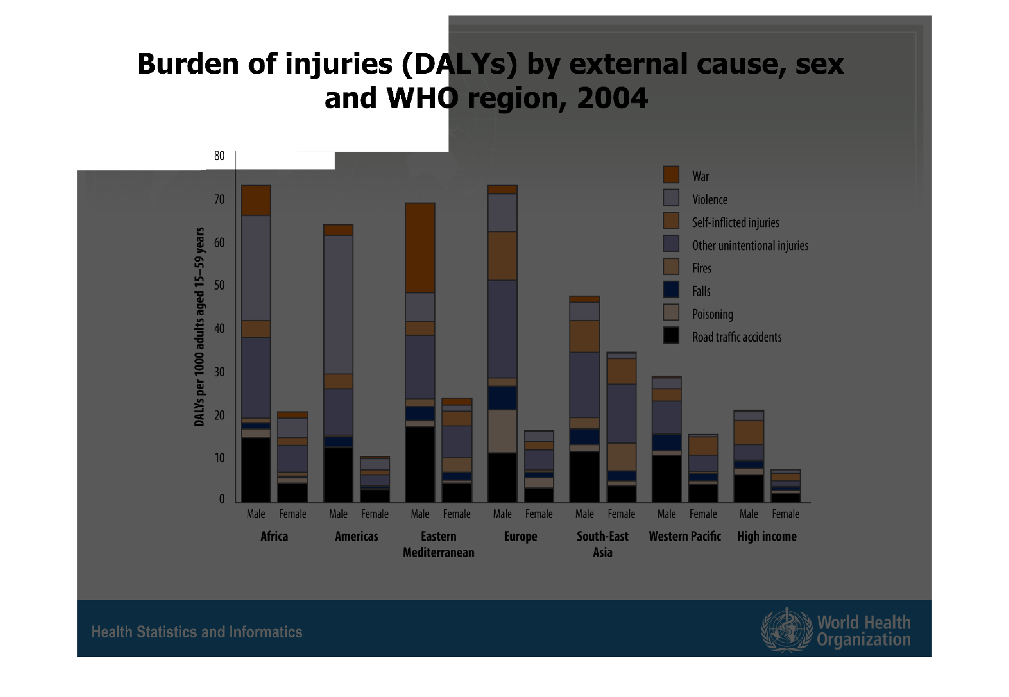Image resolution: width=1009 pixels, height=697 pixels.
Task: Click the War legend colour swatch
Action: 671,174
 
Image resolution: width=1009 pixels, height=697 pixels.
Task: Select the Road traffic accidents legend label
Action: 736,337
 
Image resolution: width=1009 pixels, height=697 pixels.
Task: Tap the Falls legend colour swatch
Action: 671,289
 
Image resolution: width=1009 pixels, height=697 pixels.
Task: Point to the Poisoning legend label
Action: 712,314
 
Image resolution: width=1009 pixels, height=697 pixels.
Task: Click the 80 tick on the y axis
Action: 219,156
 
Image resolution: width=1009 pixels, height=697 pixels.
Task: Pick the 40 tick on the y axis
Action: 219,328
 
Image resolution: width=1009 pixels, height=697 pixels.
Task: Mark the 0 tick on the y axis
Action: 222,499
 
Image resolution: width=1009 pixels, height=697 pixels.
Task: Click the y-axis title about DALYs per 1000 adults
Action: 199,327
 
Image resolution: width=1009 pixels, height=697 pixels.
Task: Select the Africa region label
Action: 274,536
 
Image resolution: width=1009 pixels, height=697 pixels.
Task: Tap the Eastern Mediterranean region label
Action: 438,544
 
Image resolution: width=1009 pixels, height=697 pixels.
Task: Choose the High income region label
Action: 767,536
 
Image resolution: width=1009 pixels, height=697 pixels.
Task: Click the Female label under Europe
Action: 539,514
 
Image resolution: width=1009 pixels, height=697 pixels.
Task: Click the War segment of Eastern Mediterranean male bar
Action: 420,248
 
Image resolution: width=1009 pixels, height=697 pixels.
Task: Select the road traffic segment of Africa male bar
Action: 255,469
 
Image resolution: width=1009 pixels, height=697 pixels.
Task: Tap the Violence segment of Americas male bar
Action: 338,304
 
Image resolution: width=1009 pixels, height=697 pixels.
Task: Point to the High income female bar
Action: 785,486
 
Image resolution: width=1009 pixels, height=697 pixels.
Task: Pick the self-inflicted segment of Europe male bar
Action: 502,256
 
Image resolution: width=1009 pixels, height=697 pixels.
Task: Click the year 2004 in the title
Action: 612,98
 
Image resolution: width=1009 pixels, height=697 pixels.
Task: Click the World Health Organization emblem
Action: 786,630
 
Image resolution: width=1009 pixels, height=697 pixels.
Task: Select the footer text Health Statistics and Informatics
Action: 197,632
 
